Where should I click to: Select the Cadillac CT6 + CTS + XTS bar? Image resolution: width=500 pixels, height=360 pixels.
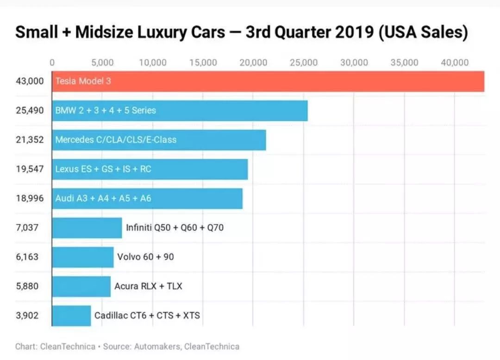click(x=71, y=316)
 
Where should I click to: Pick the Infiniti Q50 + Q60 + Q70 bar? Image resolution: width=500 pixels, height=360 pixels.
click(x=87, y=228)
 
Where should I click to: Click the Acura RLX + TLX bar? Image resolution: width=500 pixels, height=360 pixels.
click(x=81, y=286)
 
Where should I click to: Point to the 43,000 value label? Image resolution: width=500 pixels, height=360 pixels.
click(x=29, y=81)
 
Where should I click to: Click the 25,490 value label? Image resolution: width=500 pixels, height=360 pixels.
click(x=29, y=111)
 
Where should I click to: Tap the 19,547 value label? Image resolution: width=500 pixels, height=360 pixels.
click(x=29, y=169)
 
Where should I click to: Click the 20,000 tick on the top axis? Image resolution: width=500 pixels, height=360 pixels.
click(x=253, y=62)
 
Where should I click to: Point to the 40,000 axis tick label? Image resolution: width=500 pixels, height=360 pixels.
click(x=455, y=62)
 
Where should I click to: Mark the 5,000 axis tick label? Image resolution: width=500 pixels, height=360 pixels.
click(x=102, y=62)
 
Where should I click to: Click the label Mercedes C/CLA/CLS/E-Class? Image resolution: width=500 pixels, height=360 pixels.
click(x=116, y=139)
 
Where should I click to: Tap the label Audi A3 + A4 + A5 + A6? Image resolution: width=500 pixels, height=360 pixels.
click(x=103, y=199)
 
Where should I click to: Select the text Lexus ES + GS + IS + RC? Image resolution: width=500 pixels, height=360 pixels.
click(x=103, y=169)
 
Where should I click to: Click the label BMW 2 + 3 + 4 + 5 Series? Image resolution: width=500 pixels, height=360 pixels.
click(x=106, y=111)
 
